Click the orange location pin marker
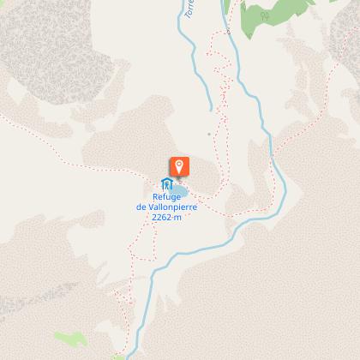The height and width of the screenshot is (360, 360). click(x=179, y=166)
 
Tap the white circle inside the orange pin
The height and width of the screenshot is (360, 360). click(x=179, y=165)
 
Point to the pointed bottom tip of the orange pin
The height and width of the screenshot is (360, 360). click(x=179, y=178)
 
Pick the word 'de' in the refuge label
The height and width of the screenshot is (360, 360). click(x=141, y=207)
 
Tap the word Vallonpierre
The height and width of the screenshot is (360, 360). click(x=170, y=207)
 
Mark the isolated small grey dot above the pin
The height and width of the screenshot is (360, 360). click(x=207, y=134)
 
